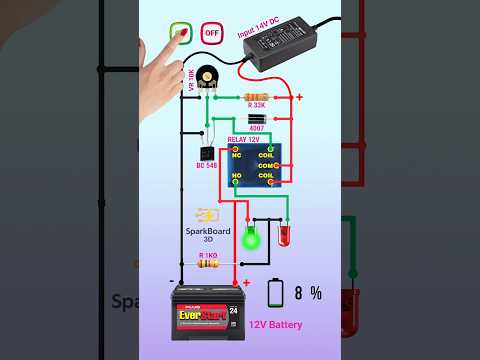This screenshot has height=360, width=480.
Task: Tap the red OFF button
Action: [x=212, y=32]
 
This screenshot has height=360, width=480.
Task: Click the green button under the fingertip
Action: [x=181, y=33]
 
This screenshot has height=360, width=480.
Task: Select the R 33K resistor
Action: [x=255, y=95]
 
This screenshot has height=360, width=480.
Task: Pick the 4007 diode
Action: [x=256, y=119]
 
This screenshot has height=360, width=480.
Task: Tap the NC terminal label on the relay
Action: [x=238, y=154]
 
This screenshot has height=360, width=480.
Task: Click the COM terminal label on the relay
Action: [x=267, y=165]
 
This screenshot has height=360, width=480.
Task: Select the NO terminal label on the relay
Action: [x=238, y=177]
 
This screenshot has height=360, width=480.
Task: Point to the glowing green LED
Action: [x=251, y=239]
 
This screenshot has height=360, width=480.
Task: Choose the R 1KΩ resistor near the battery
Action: [x=209, y=265]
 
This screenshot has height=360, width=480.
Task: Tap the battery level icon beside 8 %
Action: [x=276, y=293]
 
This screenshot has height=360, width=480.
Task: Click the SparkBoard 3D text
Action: [x=209, y=235]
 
